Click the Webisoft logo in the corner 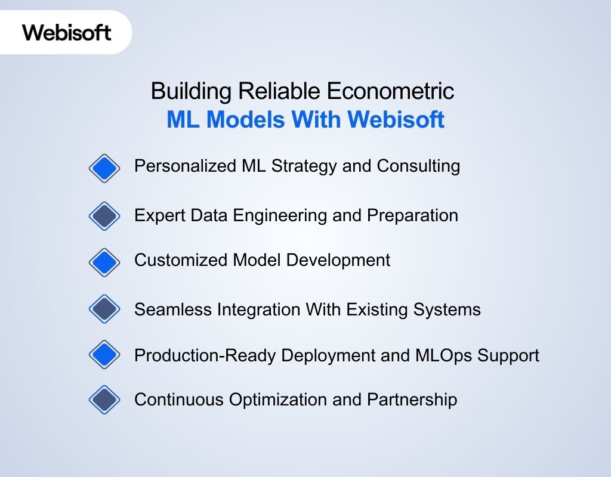pos(67,32)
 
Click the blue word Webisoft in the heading pos(396,120)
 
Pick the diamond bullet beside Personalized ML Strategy pos(104,169)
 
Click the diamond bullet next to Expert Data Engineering pos(104,216)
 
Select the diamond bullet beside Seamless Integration pos(104,309)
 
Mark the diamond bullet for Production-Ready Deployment pos(104,355)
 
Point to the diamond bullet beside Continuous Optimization pos(104,400)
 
